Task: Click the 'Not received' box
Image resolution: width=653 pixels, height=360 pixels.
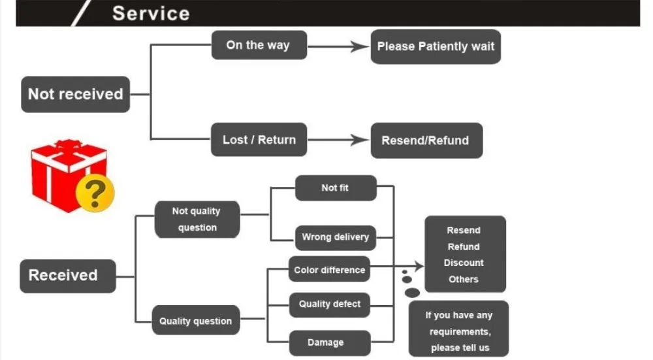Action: coord(75,94)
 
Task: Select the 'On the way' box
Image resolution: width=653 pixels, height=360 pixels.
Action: coord(259,45)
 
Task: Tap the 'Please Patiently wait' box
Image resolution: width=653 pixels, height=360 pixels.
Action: coord(436,46)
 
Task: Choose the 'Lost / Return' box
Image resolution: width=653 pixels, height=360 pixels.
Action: coord(259,140)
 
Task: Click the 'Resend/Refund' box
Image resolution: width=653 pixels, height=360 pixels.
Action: coord(426,140)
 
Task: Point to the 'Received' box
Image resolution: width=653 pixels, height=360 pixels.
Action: coord(68,276)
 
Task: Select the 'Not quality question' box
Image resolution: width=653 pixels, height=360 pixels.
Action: coord(197,219)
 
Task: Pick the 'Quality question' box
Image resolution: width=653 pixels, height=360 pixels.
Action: coord(196,320)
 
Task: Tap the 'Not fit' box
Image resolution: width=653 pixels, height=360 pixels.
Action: coord(336,188)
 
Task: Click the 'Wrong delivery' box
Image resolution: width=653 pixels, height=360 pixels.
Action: coord(335,238)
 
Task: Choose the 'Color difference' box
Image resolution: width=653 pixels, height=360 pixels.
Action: coord(329,269)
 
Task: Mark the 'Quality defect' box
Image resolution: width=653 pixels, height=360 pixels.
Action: coord(329,304)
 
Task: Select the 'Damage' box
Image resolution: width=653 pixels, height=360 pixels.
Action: coord(329,343)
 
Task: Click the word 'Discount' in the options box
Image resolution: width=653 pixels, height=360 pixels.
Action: coord(464,263)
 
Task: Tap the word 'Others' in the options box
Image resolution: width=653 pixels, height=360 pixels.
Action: coord(464,279)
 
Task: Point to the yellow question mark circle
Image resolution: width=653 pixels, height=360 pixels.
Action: coord(95,193)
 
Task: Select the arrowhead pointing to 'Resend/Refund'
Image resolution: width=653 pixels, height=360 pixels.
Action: coord(360,140)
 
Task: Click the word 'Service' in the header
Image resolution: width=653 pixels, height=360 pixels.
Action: coord(151,13)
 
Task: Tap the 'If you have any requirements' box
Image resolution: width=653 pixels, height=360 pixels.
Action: coord(458,329)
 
